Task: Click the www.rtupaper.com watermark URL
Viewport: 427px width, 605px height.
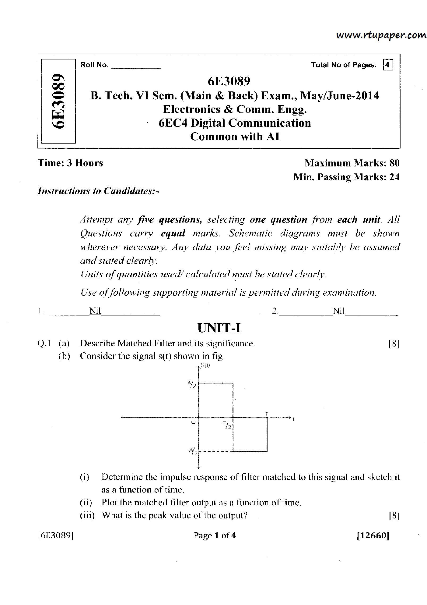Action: click(x=381, y=35)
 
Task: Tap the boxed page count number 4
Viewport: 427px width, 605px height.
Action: click(x=387, y=65)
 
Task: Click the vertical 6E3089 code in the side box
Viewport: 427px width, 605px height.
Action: click(x=58, y=101)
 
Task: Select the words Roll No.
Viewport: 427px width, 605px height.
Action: click(x=94, y=65)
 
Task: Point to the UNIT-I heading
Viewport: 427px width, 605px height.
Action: click(x=219, y=328)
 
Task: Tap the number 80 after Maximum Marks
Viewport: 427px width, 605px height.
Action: click(x=394, y=163)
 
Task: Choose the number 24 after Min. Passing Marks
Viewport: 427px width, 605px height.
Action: click(x=394, y=177)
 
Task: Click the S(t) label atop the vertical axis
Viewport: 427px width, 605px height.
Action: click(x=205, y=366)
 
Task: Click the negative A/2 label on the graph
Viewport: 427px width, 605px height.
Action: click(x=192, y=451)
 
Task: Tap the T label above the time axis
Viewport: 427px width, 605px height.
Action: click(x=267, y=414)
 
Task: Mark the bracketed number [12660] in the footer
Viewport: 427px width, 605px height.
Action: click(x=373, y=536)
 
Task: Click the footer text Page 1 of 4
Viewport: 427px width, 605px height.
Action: click(x=215, y=536)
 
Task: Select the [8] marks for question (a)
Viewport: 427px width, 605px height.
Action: click(x=394, y=344)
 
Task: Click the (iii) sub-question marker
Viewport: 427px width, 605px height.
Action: click(x=87, y=515)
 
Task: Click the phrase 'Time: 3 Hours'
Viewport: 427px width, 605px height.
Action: click(x=70, y=163)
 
